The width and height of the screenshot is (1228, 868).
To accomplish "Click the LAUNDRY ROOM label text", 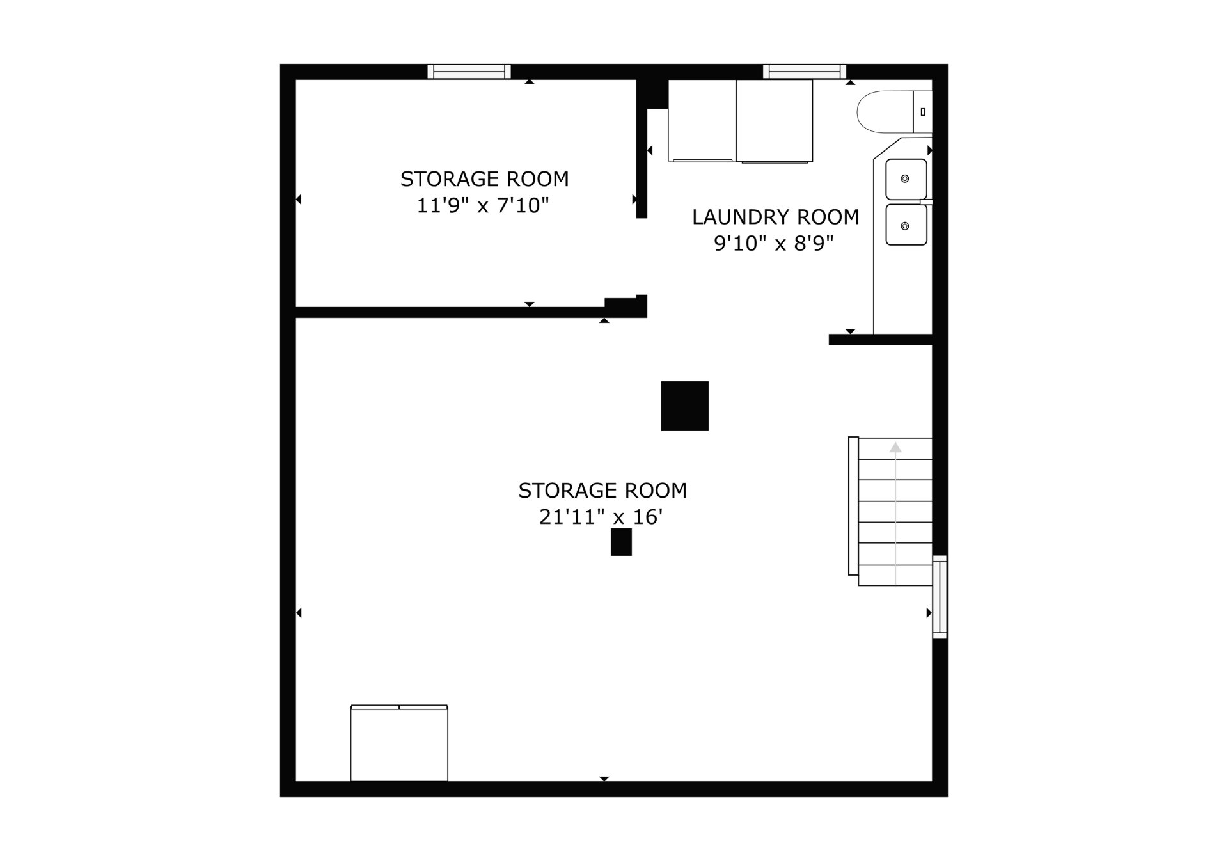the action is click(775, 217).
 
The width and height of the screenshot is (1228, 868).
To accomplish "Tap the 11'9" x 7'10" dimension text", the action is click(483, 205).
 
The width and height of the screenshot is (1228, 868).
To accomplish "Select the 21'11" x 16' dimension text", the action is click(601, 517).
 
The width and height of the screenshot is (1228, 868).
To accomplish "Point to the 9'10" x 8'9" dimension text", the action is click(774, 244).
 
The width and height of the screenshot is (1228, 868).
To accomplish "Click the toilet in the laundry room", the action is click(894, 112).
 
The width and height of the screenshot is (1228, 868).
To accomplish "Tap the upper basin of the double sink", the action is click(906, 179).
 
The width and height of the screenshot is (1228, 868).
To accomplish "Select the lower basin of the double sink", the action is click(906, 225).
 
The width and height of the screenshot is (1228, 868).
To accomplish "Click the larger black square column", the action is click(684, 406).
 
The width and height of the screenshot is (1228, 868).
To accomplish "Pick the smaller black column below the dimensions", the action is click(621, 542).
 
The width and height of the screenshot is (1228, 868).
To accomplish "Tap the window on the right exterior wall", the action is click(940, 597).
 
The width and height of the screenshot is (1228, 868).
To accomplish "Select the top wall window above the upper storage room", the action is click(469, 72).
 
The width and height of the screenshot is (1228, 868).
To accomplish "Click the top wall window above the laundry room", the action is click(805, 72).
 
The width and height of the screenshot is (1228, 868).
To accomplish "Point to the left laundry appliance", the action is click(702, 120).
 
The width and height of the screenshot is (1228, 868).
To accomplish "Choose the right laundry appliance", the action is click(775, 121).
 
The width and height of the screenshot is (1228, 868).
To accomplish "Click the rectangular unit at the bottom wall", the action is click(399, 743).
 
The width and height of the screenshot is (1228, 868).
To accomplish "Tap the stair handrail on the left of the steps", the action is click(853, 506).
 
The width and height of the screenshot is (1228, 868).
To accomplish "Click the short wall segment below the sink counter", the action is click(880, 340).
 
